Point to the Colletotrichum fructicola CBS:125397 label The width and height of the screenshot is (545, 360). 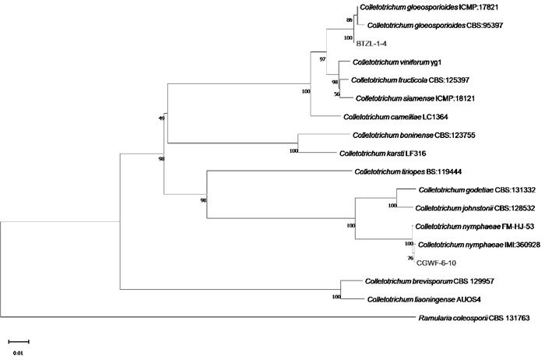coord(409,80)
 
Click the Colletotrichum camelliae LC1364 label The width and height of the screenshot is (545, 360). coord(394,118)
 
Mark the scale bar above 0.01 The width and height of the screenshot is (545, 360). coord(19,341)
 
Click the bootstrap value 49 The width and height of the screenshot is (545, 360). coord(162,118)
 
